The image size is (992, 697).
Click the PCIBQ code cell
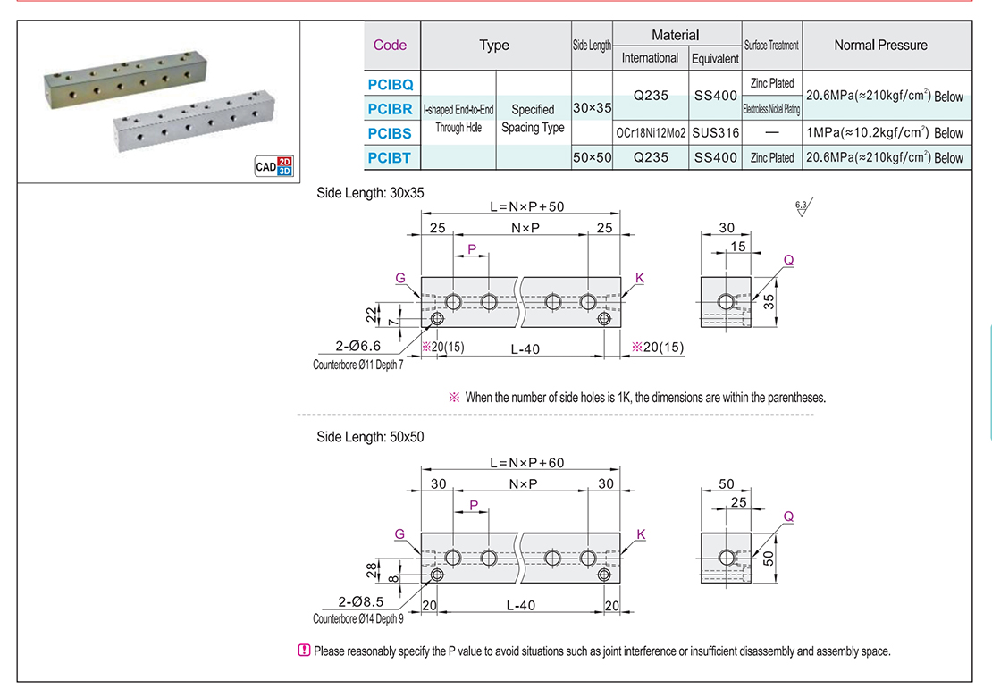(x=391, y=85)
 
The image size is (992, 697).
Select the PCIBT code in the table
(x=391, y=157)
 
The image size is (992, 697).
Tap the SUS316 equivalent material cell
(x=715, y=132)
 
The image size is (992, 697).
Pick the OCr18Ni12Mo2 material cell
(x=650, y=132)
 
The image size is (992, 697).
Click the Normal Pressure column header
(x=880, y=45)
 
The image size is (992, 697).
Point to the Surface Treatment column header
(x=771, y=45)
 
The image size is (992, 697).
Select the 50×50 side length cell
(x=592, y=157)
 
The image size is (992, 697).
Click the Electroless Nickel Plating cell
(x=771, y=109)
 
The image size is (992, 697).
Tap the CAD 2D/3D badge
(x=274, y=165)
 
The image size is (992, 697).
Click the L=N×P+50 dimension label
(x=526, y=206)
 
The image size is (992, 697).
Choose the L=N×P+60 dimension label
(x=526, y=463)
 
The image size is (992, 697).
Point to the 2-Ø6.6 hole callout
(x=358, y=347)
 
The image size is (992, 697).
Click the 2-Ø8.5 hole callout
(x=358, y=603)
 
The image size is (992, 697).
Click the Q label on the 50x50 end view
(x=787, y=516)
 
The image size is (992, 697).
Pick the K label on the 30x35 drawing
(x=640, y=278)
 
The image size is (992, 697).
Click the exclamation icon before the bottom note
(x=304, y=651)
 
